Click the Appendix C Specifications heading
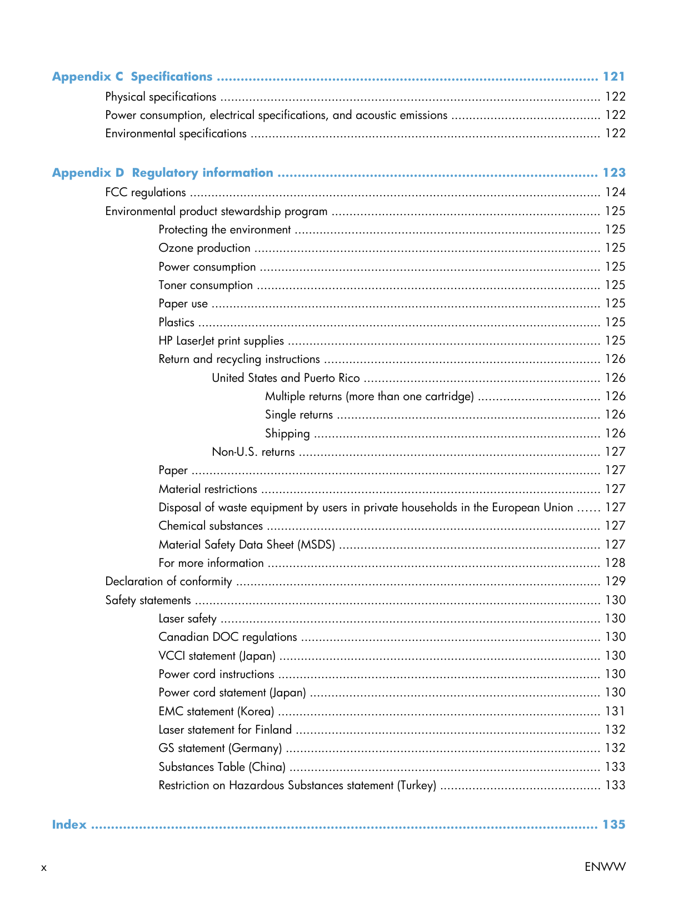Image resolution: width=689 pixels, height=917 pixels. tap(132, 77)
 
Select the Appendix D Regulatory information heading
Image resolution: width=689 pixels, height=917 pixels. tap(163, 173)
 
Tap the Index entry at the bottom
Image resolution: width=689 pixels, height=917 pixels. tap(69, 825)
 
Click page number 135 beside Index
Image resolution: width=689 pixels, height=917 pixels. tap(614, 825)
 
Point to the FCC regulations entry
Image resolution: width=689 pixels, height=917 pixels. tap(146, 193)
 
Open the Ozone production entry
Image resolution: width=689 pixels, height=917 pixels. tap(204, 248)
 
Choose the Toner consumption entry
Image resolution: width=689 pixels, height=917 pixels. tap(206, 286)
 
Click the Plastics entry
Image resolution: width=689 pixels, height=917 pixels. tap(177, 322)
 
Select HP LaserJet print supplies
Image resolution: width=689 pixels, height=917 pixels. tap(221, 341)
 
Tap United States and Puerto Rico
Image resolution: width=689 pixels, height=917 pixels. tap(286, 378)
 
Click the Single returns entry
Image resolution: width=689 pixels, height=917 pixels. tap(299, 415)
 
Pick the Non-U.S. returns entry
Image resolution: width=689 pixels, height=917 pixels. tap(253, 452)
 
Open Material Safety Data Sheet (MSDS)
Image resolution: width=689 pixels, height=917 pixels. tap(247, 545)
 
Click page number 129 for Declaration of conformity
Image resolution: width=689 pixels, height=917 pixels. tap(615, 581)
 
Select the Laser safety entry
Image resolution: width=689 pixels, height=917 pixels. tap(187, 619)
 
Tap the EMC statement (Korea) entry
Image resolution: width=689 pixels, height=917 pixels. tap(216, 711)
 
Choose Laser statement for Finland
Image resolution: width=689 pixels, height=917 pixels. tap(225, 730)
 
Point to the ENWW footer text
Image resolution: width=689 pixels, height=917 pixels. tap(605, 867)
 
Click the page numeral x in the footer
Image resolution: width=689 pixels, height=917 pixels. tap(44, 868)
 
